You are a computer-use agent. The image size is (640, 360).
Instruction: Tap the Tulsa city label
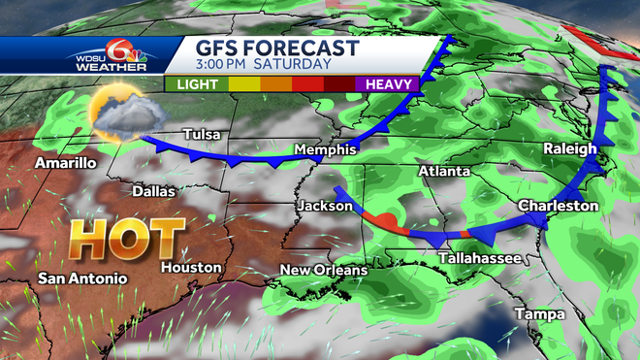201,135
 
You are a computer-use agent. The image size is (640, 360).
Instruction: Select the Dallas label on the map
154,191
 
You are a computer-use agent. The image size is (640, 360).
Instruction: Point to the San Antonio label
82,278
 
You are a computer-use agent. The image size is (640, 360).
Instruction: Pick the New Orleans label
324,270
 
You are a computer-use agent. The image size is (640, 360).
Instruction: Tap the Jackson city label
321,207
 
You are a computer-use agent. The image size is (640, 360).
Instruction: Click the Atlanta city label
444,172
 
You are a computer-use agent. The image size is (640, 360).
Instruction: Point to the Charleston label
558,206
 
